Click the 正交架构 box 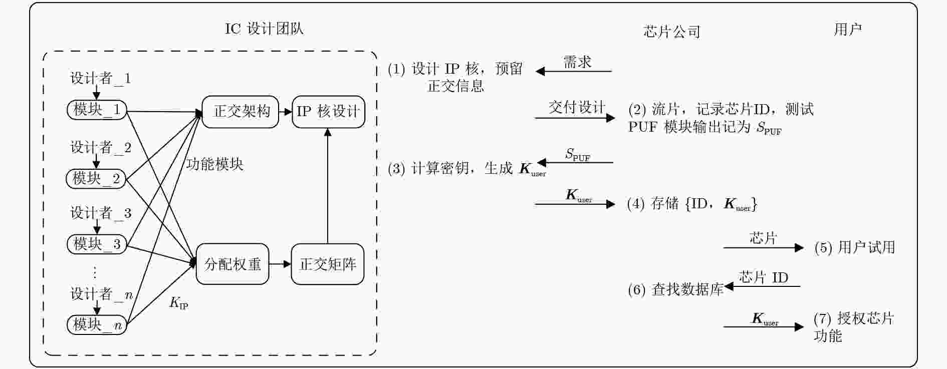point(241,112)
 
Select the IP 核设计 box point(328,112)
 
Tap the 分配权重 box point(232,264)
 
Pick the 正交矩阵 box point(328,264)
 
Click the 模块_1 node point(97,110)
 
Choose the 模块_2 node point(96,179)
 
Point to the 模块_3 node point(97,244)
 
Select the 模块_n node point(97,325)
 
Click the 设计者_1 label point(100,78)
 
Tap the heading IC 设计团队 point(264,29)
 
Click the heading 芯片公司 point(671,32)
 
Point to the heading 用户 point(848,30)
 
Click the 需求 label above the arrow point(577,62)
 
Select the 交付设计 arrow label point(577,107)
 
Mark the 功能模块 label point(214,164)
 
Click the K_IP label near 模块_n point(179,303)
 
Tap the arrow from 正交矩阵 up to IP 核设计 point(328,186)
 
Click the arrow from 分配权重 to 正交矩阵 point(280,264)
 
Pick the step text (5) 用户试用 point(855,247)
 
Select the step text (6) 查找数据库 point(675,289)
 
